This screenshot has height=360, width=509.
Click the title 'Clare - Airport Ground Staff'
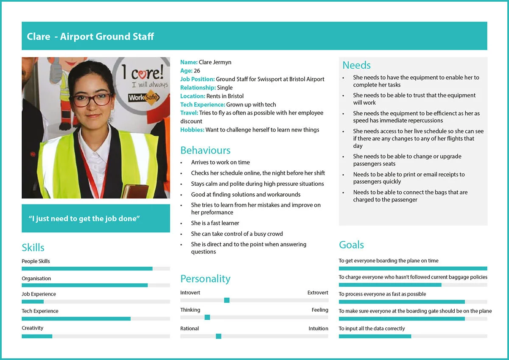pyautogui.click(x=90, y=36)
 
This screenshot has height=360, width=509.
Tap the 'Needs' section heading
pyautogui.click(x=356, y=65)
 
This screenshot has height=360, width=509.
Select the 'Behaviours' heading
pyautogui.click(x=205, y=151)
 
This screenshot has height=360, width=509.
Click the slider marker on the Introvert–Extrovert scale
pyautogui.click(x=227, y=300)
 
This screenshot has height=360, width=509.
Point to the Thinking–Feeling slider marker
pyautogui.click(x=207, y=317)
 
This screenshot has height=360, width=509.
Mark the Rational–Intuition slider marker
pyautogui.click(x=218, y=336)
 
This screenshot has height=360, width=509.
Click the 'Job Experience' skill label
pyautogui.click(x=39, y=294)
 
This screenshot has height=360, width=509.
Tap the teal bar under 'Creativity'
pyautogui.click(x=37, y=336)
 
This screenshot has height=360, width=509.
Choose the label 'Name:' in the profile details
pyautogui.click(x=189, y=62)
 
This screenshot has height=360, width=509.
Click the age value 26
pyautogui.click(x=197, y=71)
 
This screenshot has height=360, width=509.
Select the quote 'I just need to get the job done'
pyautogui.click(x=84, y=219)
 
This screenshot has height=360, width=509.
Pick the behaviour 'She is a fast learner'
pyautogui.click(x=215, y=223)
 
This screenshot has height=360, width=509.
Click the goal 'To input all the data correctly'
pyautogui.click(x=372, y=328)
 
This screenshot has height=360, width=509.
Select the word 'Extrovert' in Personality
pyautogui.click(x=318, y=293)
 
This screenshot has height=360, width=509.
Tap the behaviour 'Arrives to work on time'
pyautogui.click(x=220, y=162)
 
